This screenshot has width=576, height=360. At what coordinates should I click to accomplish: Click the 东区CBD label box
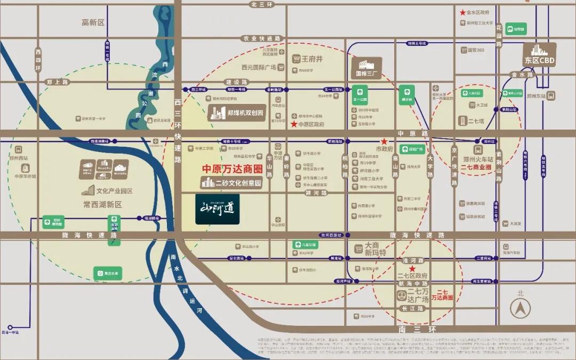pyautogui.click(x=539, y=55)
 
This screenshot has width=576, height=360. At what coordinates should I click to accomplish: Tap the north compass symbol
pyautogui.click(x=520, y=308)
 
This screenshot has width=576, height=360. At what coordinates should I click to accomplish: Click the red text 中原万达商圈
pyautogui.click(x=232, y=169)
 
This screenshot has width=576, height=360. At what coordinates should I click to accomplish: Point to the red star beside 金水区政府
pyautogui.click(x=462, y=12)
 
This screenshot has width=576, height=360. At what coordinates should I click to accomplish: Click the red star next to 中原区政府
pyautogui.click(x=293, y=124)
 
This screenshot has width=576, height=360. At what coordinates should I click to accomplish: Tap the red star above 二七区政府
pyautogui.click(x=412, y=268)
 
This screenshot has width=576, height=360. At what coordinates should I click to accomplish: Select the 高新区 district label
pyautogui.click(x=93, y=22)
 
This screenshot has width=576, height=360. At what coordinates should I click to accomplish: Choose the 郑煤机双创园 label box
pyautogui.click(x=236, y=113)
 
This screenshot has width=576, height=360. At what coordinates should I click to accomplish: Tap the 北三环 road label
pyautogui.click(x=261, y=4)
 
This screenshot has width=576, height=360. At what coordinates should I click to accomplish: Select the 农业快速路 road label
pyautogui.click(x=261, y=38)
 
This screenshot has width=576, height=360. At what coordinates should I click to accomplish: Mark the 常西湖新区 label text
pyautogui.click(x=103, y=204)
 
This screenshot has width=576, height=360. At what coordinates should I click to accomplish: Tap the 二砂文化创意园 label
pyautogui.click(x=233, y=183)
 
